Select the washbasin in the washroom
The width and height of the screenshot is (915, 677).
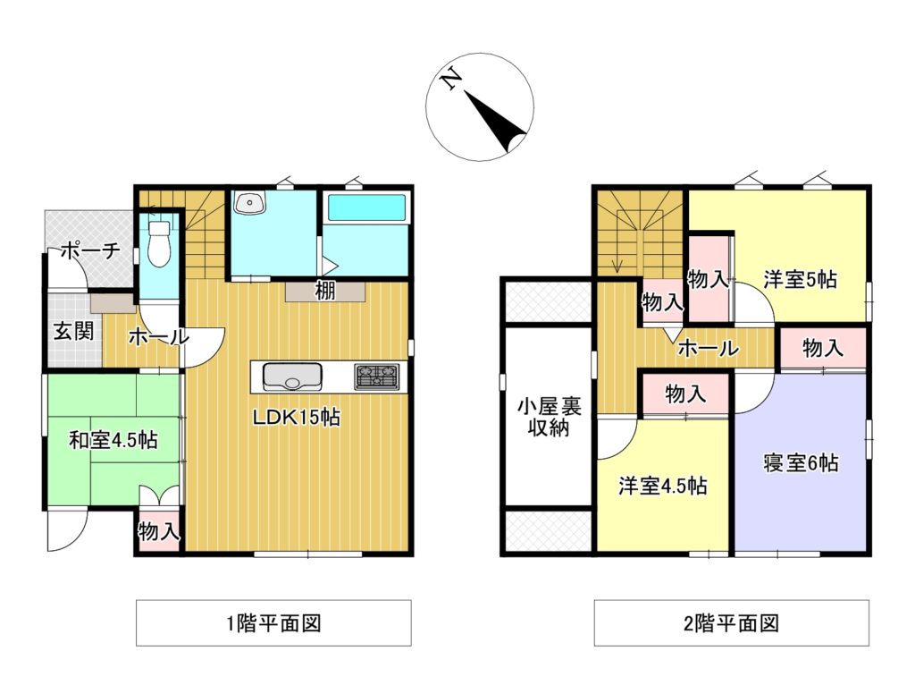click(249, 205)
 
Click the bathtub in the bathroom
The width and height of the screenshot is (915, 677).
click(367, 208)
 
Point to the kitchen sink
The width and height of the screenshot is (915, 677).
click(292, 377)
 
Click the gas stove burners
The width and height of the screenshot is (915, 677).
click(377, 377)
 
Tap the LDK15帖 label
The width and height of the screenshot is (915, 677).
click(296, 418)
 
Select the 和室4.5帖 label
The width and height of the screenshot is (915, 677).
click(113, 440)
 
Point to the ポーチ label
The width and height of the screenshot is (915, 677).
click(89, 251)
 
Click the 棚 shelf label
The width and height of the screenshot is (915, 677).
click(324, 292)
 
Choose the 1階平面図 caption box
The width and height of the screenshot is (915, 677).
click(273, 623)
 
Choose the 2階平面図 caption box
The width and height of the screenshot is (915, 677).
click(731, 623)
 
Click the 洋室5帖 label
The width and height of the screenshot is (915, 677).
click(800, 279)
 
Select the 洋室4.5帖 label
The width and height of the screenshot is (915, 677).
click(664, 486)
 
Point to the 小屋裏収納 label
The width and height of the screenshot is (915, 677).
click(546, 418)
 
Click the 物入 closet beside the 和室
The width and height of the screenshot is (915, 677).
click(159, 532)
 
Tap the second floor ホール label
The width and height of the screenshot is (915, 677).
click(707, 349)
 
